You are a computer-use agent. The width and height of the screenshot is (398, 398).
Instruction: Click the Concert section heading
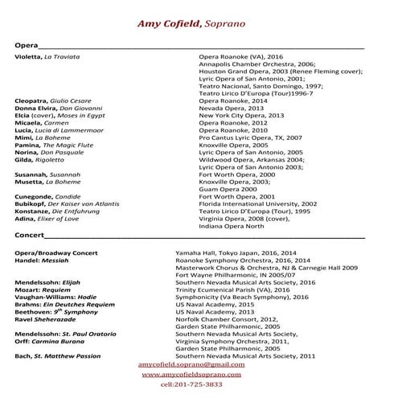(31, 236)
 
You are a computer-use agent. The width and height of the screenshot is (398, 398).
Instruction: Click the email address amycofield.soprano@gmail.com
(191, 364)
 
